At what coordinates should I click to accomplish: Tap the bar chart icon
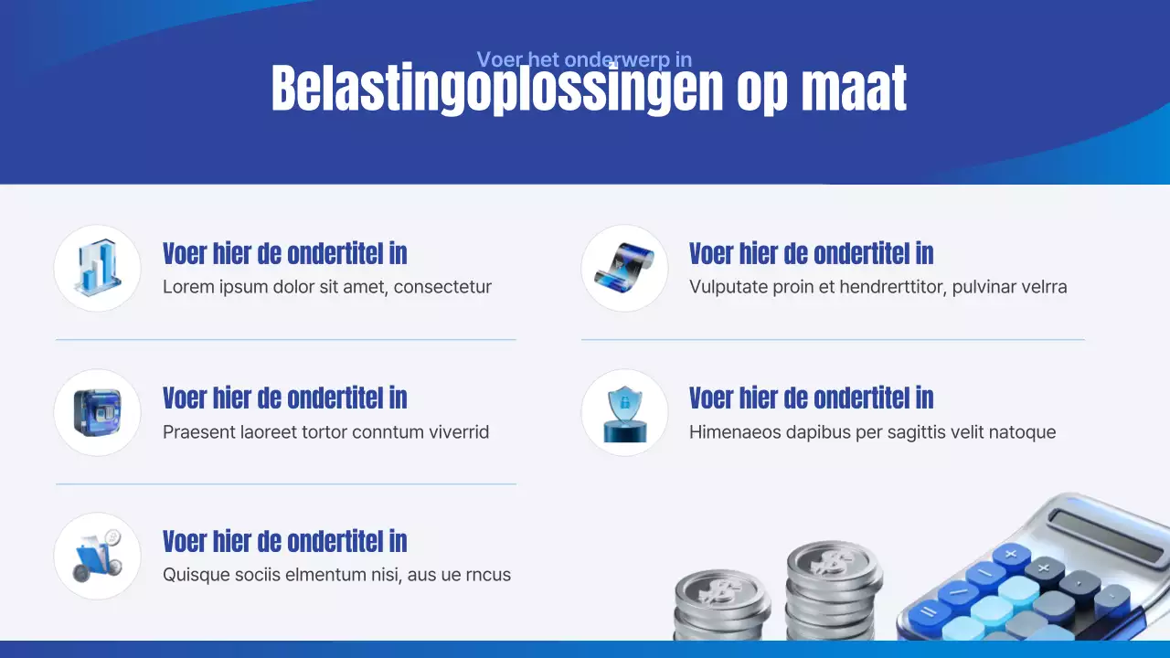(x=97, y=268)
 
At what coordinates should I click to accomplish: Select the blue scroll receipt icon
(x=624, y=268)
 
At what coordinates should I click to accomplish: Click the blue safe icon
(x=97, y=412)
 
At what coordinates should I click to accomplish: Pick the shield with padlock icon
(x=624, y=412)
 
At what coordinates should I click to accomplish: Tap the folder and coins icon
(x=97, y=556)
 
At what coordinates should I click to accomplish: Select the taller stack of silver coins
(x=833, y=589)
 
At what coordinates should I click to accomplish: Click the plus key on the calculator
(x=1012, y=554)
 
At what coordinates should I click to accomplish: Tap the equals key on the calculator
(x=929, y=611)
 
